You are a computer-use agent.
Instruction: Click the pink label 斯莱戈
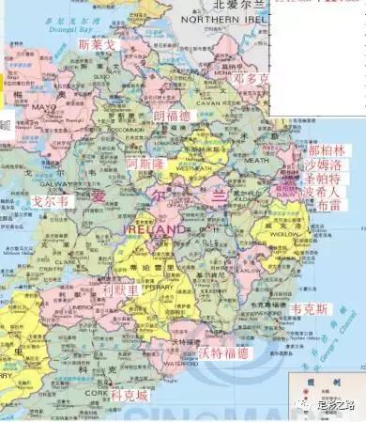pos(98,44)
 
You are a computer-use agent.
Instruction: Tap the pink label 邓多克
pos(252,78)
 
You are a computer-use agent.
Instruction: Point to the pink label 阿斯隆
pos(145,163)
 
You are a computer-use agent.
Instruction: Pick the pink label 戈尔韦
pos(51,201)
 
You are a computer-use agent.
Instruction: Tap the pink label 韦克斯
pos(310,308)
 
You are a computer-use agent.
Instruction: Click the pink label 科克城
pos(129,397)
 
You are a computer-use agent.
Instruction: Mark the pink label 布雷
pos(328,204)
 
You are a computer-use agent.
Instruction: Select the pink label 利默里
pos(121,291)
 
